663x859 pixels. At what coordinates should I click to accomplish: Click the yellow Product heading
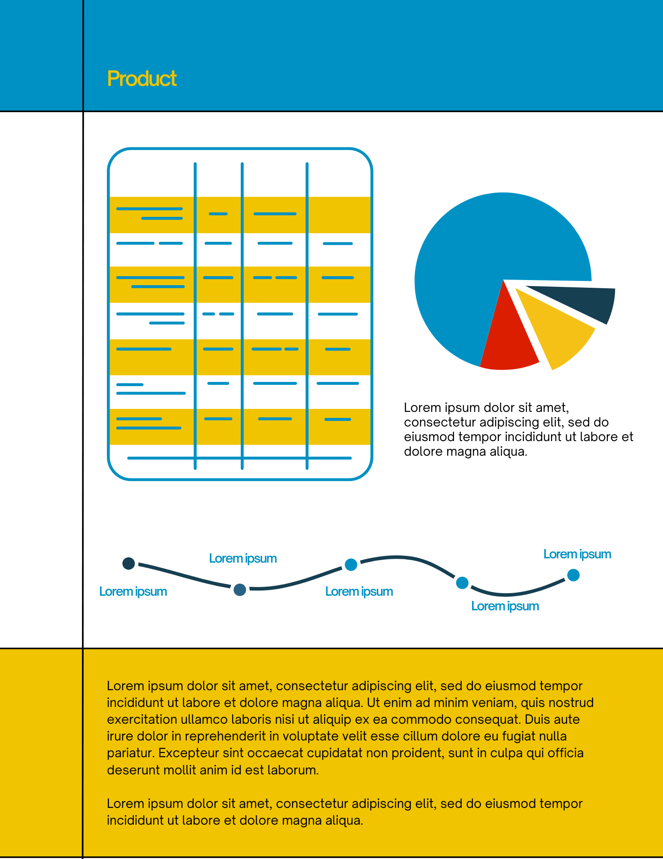[142, 79]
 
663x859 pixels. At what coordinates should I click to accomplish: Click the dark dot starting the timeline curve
[129, 563]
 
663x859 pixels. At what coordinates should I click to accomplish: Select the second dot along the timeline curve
[240, 590]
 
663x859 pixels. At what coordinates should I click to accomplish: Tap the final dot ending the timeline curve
[573, 575]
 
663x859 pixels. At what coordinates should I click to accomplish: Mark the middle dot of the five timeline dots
[351, 564]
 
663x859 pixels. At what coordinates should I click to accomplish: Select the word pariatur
[130, 753]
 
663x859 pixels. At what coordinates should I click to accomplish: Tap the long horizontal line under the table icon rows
[239, 458]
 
